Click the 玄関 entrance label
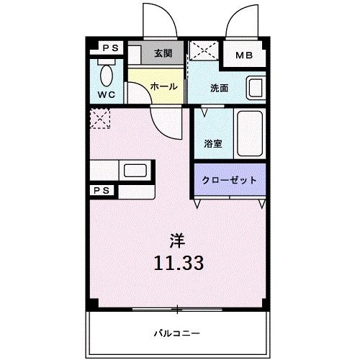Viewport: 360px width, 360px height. click(163, 53)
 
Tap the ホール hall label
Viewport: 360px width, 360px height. click(164, 86)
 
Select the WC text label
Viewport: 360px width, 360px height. click(107, 95)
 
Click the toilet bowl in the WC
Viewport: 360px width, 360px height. click(107, 76)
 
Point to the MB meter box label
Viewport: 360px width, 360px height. click(244, 55)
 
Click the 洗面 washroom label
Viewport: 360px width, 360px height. click(219, 88)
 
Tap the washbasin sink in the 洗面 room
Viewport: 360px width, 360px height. click(256, 88)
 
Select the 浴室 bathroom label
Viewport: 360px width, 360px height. click(213, 143)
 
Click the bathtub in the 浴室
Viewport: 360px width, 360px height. click(250, 134)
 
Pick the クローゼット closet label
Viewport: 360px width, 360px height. click(230, 180)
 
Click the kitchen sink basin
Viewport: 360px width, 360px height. click(135, 171)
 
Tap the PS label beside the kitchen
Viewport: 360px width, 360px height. click(102, 191)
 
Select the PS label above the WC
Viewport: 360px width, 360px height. click(111, 48)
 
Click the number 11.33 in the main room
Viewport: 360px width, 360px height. click(179, 263)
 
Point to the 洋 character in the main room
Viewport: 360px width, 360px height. click(177, 240)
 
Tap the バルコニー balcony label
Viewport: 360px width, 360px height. click(177, 333)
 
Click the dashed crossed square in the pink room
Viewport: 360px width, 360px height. click(100, 119)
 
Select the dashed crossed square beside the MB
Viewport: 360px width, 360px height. click(204, 50)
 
